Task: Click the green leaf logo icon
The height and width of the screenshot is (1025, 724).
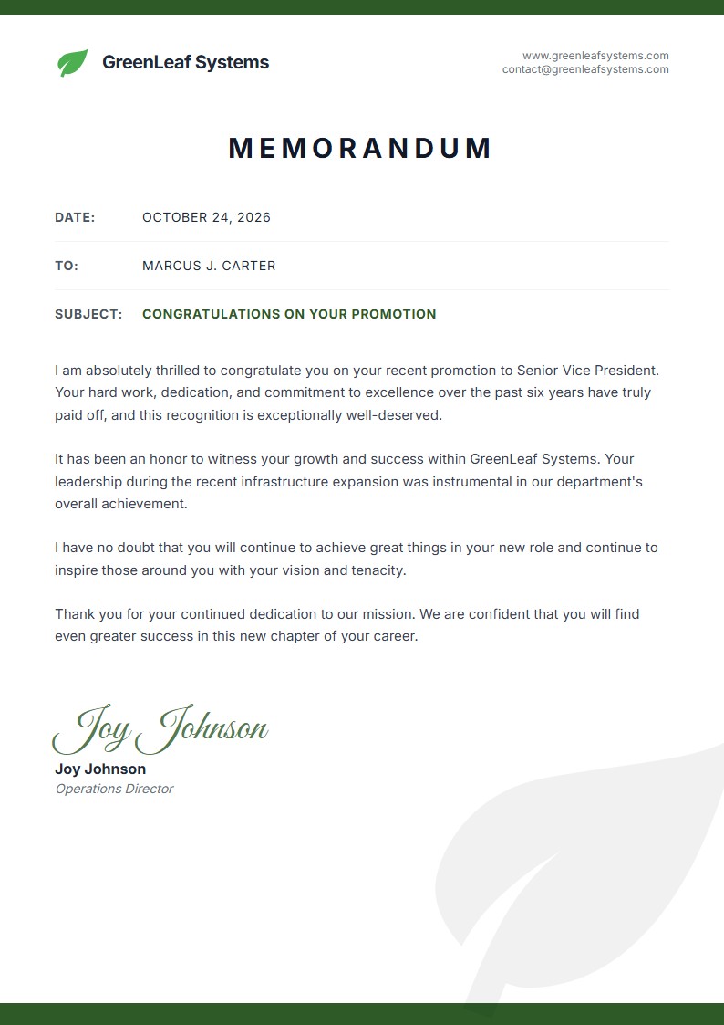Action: pos(73,62)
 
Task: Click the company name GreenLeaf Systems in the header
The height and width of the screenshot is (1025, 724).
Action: pos(185,62)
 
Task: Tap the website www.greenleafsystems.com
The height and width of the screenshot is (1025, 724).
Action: pos(595,56)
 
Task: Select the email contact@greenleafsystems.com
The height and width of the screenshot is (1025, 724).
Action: pos(585,69)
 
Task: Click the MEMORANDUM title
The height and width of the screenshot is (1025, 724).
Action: pos(361,148)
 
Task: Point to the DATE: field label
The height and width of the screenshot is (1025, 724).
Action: pos(75,217)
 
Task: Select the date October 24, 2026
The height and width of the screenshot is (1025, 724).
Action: pos(206,217)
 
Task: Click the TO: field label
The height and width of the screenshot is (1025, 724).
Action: pos(67,266)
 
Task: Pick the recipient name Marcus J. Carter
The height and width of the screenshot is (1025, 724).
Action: pos(209,266)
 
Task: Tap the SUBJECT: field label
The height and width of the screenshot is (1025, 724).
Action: pos(88,314)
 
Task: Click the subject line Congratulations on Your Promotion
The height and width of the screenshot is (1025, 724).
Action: pos(289,314)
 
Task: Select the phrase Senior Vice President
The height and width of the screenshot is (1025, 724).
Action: pos(587,371)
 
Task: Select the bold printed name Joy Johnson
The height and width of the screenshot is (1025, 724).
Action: pos(100,769)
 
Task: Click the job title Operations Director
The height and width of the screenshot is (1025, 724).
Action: pos(114,789)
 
